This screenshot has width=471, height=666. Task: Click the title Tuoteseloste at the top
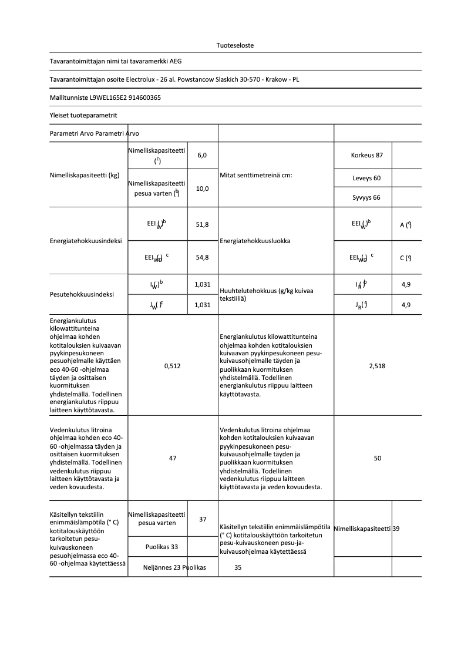[x=235, y=45]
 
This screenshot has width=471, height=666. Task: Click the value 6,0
[x=202, y=155]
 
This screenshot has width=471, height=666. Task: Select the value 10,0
[x=202, y=189]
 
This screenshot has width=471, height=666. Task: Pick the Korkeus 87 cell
[x=366, y=155]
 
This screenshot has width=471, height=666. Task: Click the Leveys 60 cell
[x=366, y=177]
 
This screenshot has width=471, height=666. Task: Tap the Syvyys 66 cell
[x=366, y=197]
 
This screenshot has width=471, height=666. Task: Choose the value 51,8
[x=202, y=224]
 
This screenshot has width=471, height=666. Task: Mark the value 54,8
[x=202, y=257]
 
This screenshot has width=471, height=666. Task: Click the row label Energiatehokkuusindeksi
[x=86, y=241]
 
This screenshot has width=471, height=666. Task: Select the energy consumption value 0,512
[x=173, y=366]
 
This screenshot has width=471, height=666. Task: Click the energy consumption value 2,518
[x=377, y=366]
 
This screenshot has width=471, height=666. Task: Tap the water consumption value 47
[x=173, y=458]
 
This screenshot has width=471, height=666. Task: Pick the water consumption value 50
[x=377, y=458]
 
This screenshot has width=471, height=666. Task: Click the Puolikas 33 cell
[x=162, y=547]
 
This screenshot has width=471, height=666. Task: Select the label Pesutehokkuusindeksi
[x=82, y=294]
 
